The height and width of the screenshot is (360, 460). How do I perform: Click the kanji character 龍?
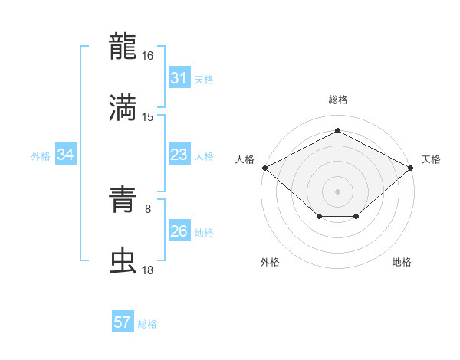click(x=123, y=46)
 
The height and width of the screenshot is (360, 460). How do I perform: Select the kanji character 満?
click(x=123, y=107)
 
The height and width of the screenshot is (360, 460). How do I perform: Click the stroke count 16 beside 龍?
click(x=148, y=56)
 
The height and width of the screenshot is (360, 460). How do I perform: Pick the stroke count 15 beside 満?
click(x=148, y=117)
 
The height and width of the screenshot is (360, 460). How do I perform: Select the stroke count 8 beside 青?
click(x=148, y=208)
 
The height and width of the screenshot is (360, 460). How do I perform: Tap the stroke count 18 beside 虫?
click(x=148, y=271)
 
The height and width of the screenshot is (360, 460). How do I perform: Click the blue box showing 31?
click(x=179, y=78)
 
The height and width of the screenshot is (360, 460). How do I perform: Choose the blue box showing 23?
click(x=179, y=155)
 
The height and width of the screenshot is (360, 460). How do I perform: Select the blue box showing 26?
click(x=179, y=231)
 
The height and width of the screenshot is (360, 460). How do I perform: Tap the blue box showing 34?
click(x=65, y=155)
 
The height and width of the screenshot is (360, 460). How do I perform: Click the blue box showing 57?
click(x=123, y=322)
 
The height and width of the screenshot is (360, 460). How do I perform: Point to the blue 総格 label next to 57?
click(x=148, y=324)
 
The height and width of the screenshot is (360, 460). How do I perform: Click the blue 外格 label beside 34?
click(x=41, y=155)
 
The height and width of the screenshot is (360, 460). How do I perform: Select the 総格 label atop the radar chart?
click(x=337, y=100)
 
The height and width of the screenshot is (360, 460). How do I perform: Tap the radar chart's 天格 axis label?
click(x=431, y=159)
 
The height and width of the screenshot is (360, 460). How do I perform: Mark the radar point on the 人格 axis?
click(x=264, y=167)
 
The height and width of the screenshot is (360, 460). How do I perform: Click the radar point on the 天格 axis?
click(x=412, y=167)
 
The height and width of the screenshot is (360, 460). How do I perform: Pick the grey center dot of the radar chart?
click(x=337, y=191)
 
